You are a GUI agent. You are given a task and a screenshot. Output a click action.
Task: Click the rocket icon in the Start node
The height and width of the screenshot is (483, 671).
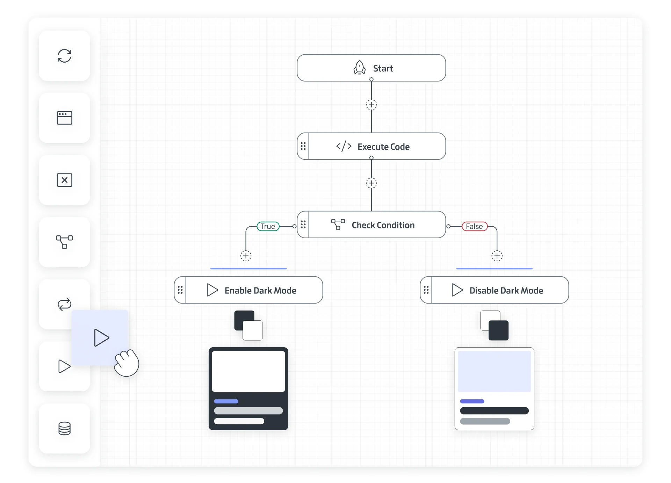tap(359, 68)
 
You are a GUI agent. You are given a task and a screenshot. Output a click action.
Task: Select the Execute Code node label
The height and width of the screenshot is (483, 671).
tap(383, 147)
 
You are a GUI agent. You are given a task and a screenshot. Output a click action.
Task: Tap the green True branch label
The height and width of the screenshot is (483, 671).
tap(268, 226)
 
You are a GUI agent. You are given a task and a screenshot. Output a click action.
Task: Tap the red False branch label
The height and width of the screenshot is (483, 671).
tap(474, 226)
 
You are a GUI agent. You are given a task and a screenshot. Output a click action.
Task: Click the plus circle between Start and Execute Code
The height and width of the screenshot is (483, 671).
tap(371, 105)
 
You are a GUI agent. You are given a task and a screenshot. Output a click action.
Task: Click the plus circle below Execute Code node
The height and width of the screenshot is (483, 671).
tap(371, 183)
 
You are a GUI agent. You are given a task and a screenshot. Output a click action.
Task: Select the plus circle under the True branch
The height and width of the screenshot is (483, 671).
tap(246, 256)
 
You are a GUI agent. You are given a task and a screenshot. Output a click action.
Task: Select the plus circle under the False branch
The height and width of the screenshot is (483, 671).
tap(497, 256)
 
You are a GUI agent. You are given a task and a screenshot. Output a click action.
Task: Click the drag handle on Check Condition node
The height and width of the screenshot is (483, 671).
tap(303, 225)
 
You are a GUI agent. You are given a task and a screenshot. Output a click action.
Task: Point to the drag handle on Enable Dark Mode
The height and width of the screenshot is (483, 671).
tap(180, 290)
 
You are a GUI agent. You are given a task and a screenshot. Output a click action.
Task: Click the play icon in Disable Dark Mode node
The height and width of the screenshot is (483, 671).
tap(457, 290)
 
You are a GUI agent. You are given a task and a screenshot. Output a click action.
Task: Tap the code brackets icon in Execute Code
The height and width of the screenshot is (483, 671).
tap(344, 146)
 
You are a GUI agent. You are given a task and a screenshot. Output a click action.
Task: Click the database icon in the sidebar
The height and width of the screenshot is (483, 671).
tap(64, 428)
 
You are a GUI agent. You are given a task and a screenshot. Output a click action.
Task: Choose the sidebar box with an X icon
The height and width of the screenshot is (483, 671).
tap(64, 180)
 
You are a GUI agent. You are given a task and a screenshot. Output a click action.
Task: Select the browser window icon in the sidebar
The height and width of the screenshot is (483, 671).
tap(64, 118)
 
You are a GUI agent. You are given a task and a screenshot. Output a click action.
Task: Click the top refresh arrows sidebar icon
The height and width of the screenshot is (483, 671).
tap(64, 56)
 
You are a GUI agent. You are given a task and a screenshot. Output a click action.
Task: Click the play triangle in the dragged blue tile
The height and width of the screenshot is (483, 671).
tap(101, 338)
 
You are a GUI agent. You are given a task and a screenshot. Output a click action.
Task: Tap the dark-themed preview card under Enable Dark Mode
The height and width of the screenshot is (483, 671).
tap(248, 388)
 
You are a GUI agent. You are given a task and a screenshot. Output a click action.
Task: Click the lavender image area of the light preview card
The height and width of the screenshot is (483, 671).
tap(494, 371)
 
